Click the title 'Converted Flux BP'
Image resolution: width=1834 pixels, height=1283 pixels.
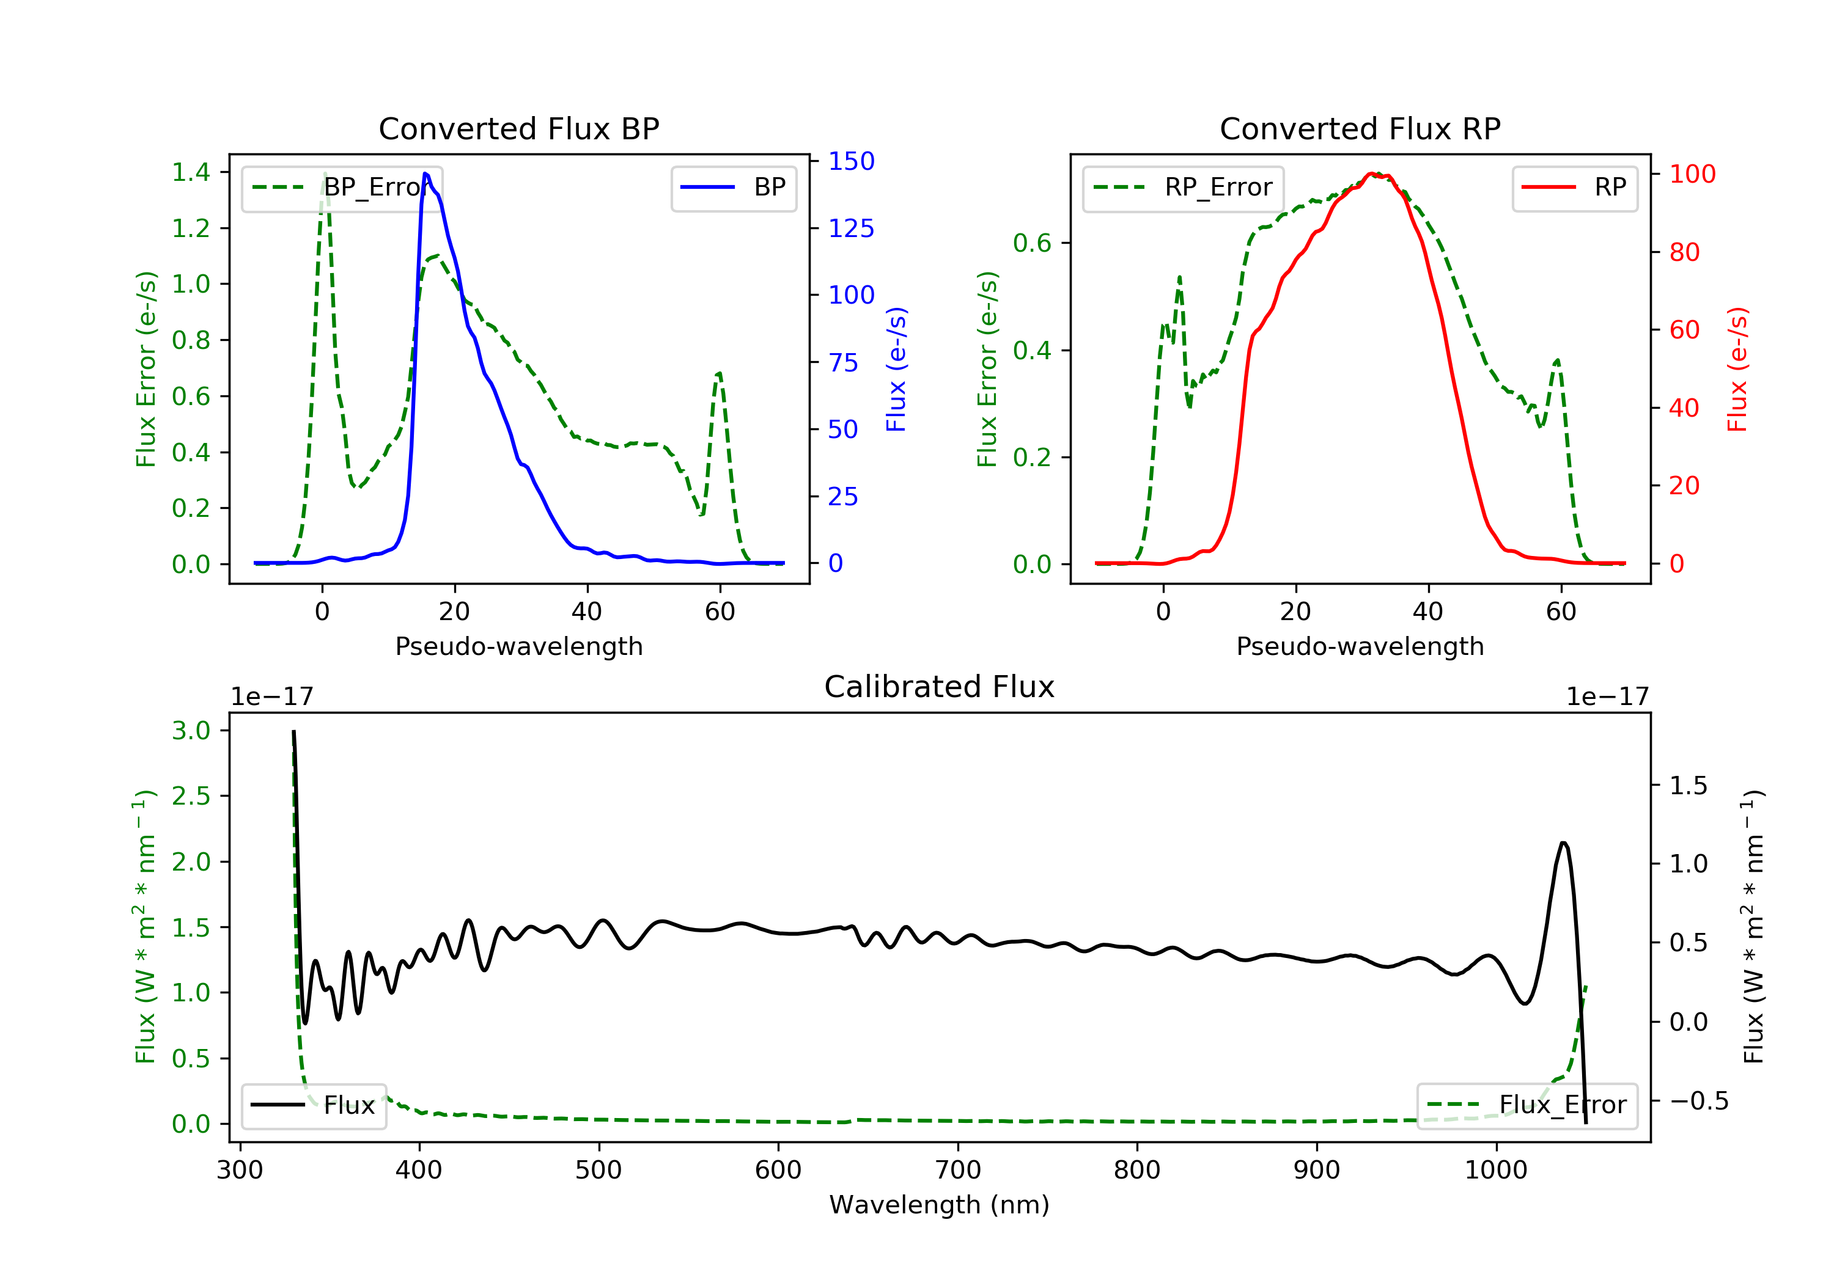(518, 128)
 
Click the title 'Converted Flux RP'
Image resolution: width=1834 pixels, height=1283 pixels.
(1360, 128)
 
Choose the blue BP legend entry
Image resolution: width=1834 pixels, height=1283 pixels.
(733, 188)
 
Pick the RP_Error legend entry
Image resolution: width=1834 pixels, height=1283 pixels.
(1183, 188)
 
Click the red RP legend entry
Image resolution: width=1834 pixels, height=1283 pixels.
(1574, 188)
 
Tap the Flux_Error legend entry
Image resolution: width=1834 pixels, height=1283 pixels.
(1526, 1105)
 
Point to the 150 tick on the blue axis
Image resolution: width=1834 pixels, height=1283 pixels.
(851, 161)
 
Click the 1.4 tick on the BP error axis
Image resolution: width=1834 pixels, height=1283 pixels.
(191, 172)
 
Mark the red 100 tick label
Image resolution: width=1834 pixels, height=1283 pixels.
(1692, 174)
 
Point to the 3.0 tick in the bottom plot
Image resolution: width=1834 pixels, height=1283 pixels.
(191, 731)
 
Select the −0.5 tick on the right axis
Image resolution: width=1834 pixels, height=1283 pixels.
(1698, 1101)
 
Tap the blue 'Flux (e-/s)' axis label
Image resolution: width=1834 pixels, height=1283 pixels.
(896, 369)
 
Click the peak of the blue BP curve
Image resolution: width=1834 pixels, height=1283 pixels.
(425, 174)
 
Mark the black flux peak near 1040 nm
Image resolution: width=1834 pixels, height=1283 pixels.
(1563, 843)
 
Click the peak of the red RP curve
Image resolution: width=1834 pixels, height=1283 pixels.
(1371, 174)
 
